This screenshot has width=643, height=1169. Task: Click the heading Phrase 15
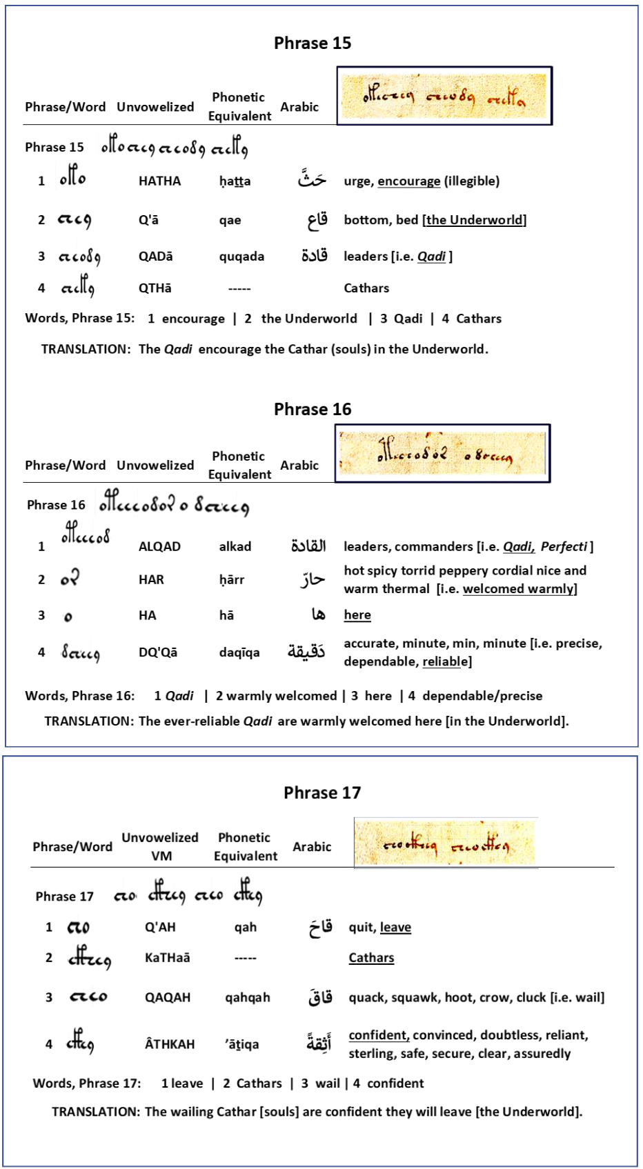coord(313,43)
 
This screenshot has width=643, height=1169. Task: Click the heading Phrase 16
coord(313,409)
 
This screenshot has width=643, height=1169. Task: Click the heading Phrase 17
coord(322,792)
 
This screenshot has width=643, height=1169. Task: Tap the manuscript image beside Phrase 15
coord(444,96)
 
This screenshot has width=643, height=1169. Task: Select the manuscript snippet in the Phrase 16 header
coord(442,453)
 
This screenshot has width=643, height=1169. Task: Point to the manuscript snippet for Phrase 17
coord(446,843)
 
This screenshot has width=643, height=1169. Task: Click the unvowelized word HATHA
coord(159,181)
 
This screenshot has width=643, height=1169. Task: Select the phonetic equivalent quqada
coord(241,257)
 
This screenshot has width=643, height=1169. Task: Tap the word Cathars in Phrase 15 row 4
coord(366,288)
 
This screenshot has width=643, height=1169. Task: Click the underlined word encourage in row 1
coord(408,181)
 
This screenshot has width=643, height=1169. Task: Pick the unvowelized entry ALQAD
coord(159,546)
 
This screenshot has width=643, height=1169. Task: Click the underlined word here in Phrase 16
coord(357,615)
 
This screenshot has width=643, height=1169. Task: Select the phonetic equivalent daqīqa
coord(239,652)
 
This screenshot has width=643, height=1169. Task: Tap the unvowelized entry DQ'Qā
coord(158,652)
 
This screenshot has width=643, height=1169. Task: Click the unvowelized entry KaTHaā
coord(168,958)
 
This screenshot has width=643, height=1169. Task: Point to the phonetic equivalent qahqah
coord(248,997)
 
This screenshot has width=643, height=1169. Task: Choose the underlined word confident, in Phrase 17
coord(379,1035)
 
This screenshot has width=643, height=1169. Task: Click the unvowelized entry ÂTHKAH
coord(170,1044)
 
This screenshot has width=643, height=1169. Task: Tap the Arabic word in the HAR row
coord(312,579)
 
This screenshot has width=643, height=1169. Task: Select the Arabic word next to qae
coord(317,220)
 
